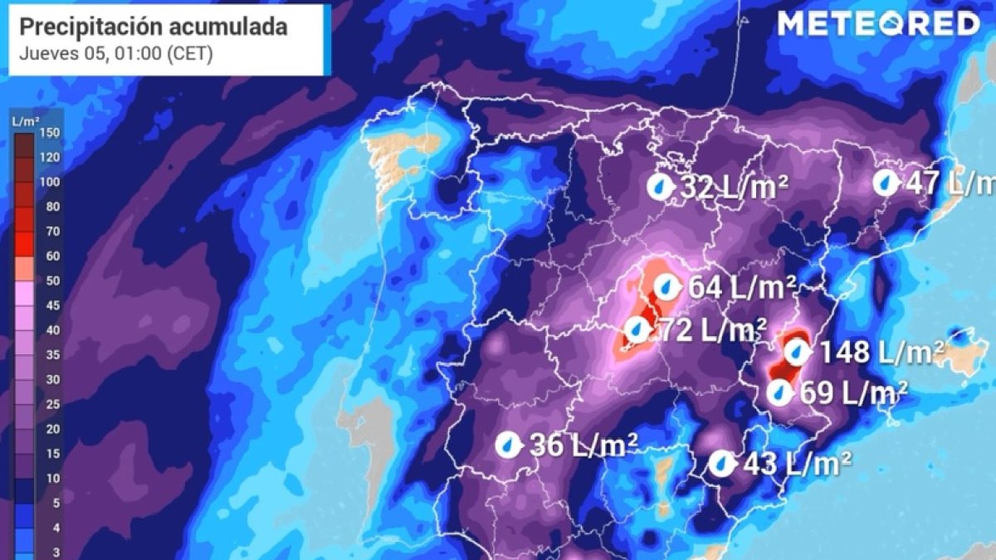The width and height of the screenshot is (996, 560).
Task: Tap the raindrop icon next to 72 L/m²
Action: [637, 330]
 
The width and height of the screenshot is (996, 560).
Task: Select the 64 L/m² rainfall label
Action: [742, 288]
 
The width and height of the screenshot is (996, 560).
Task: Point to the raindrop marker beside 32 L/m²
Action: [661, 187]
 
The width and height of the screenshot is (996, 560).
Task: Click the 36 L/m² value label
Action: [583, 446]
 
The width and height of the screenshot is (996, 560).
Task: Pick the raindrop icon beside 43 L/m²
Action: [722, 463]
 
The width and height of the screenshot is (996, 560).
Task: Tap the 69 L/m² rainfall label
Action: [853, 392]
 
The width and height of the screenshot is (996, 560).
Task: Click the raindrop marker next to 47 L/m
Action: [886, 183]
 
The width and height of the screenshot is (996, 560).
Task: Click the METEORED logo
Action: [878, 25]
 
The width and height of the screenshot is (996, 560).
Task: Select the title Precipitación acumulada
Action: [154, 27]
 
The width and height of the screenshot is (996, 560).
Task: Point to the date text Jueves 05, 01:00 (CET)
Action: [116, 55]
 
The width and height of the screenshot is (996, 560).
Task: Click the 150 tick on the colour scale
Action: [51, 133]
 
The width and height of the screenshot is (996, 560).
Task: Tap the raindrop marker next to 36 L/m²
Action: [506, 446]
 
